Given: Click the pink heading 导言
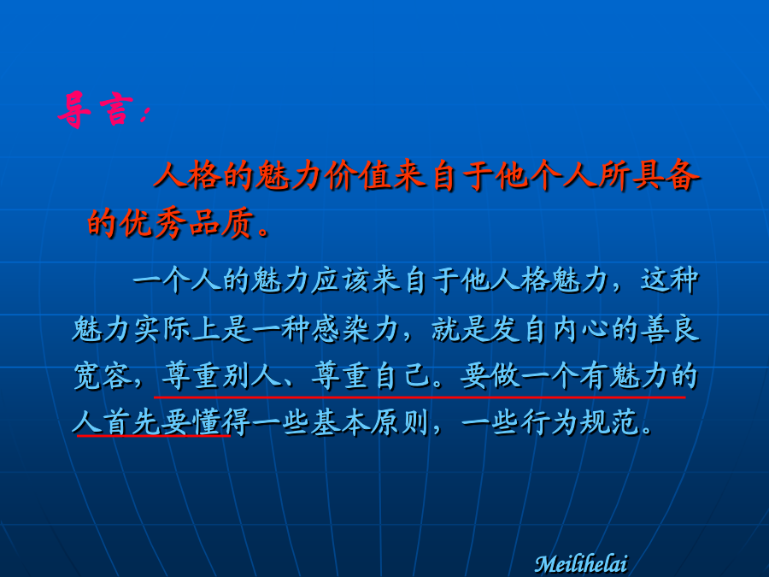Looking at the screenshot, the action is click(x=95, y=110).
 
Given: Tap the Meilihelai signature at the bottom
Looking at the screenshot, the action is click(x=581, y=563).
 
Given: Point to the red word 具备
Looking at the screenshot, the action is click(x=666, y=175).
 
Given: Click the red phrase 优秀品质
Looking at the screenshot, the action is click(x=187, y=224).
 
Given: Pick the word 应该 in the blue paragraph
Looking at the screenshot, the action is click(x=341, y=281).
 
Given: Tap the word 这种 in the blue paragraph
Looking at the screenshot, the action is click(x=669, y=280).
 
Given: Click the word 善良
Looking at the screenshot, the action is click(x=669, y=329).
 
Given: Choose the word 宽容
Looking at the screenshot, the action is click(x=102, y=377).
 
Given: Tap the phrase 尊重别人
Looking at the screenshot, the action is click(x=221, y=377).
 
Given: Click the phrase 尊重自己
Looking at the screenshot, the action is click(x=370, y=377).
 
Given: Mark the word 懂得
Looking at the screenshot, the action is click(x=220, y=422).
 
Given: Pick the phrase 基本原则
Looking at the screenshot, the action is click(x=370, y=422).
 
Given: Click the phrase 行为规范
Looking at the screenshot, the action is click(x=579, y=422).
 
